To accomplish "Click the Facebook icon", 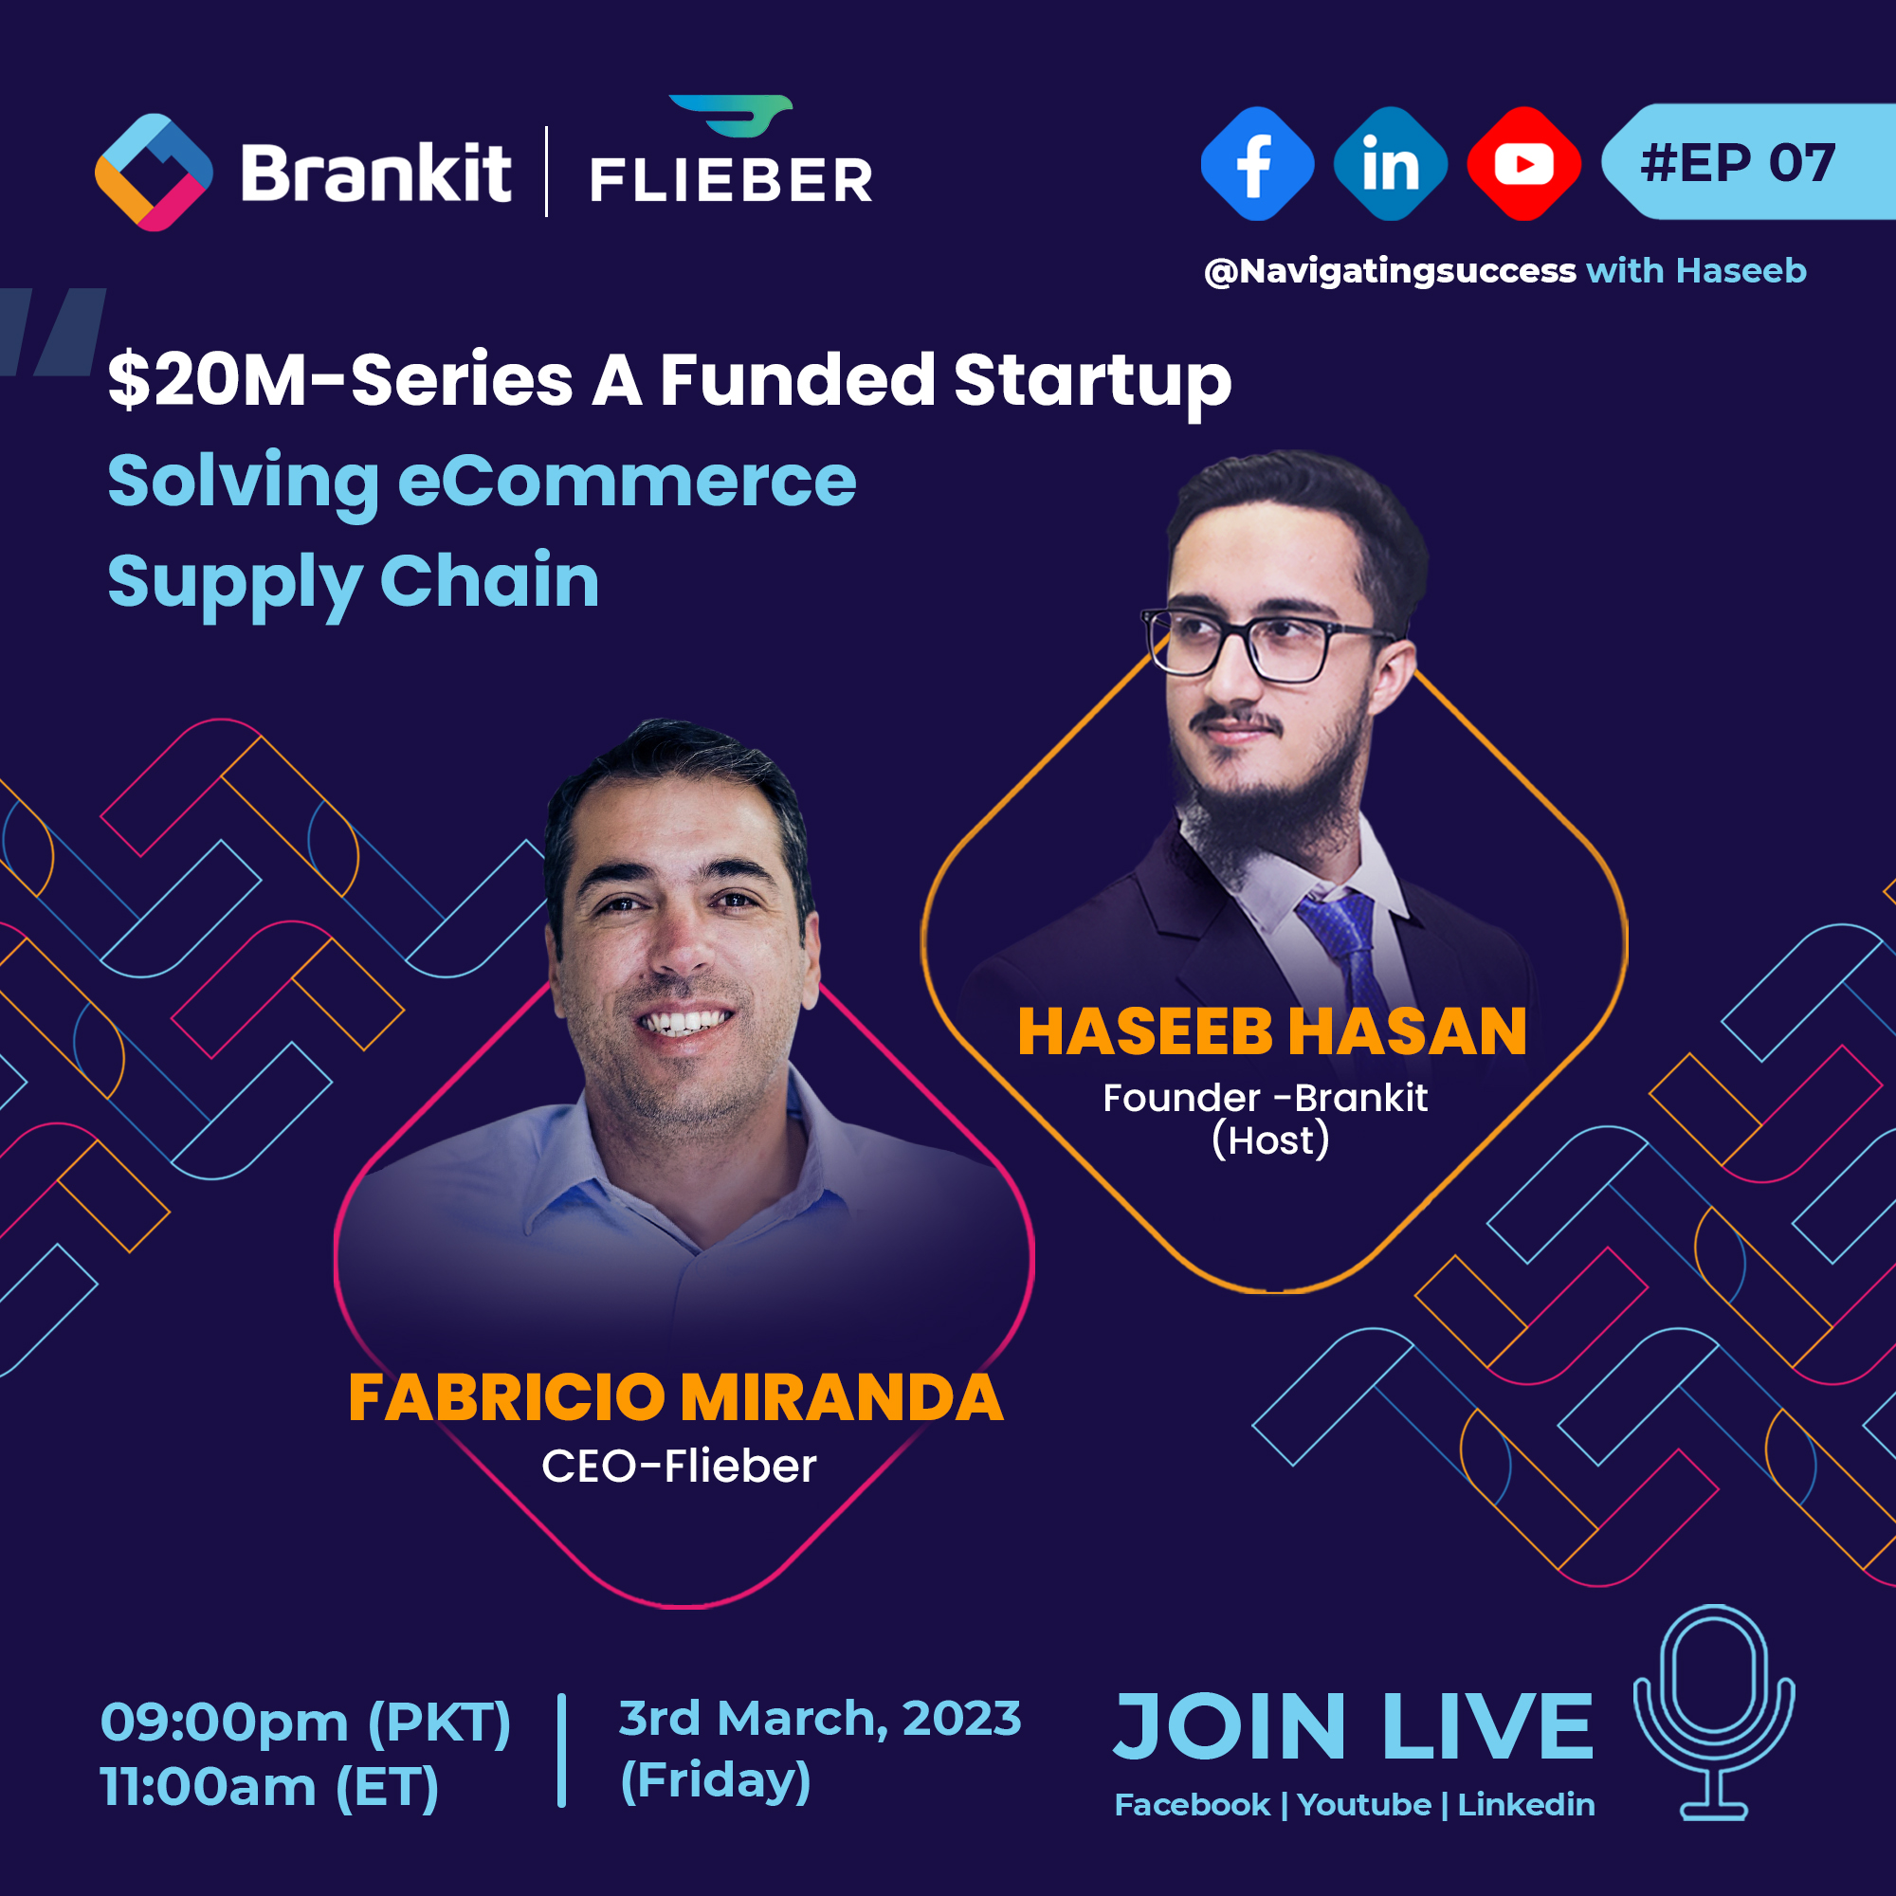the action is pyautogui.click(x=1257, y=164).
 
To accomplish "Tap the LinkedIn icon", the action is pyautogui.click(x=1391, y=164).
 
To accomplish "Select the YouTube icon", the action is pyautogui.click(x=1524, y=164).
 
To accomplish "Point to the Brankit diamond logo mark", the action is pyautogui.click(x=155, y=173).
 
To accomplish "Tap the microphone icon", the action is pyautogui.click(x=1713, y=1712).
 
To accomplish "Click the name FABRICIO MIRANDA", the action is pyautogui.click(x=676, y=1397).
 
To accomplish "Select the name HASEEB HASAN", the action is pyautogui.click(x=1272, y=1031).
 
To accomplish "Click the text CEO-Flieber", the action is pyautogui.click(x=679, y=1467).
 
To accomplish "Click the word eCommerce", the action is pyautogui.click(x=626, y=481).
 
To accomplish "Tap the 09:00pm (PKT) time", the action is pyautogui.click(x=305, y=1723).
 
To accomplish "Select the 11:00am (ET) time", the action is pyautogui.click(x=270, y=1786).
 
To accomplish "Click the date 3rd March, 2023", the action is pyautogui.click(x=820, y=1719).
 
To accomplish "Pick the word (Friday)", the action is pyautogui.click(x=716, y=1780).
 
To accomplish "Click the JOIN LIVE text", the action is pyautogui.click(x=1354, y=1726).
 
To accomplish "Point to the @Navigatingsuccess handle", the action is pyautogui.click(x=1390, y=271).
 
